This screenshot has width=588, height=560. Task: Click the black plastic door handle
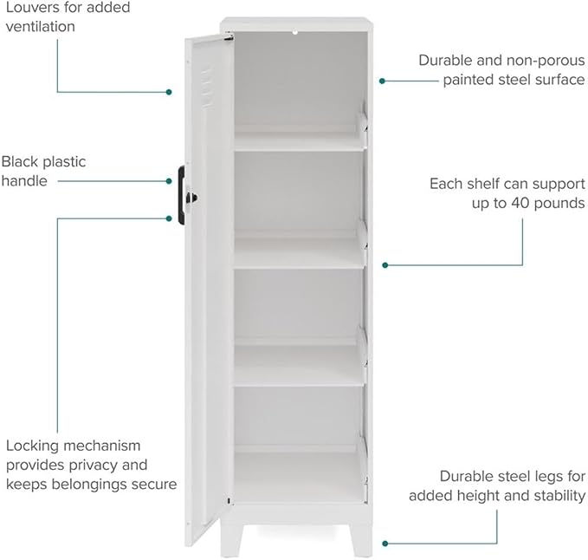tap(181, 195)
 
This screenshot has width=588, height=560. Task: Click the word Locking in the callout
tap(32, 446)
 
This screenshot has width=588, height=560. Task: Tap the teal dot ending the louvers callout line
tap(169, 92)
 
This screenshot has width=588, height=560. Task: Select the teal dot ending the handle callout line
tap(169, 181)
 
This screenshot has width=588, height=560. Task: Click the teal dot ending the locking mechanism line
tap(169, 218)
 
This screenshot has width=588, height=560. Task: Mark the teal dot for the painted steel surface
tap(382, 81)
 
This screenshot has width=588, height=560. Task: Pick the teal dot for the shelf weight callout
tap(385, 265)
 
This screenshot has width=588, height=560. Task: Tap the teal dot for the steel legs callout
tap(385, 544)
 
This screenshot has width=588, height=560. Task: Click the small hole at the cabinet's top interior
tap(295, 33)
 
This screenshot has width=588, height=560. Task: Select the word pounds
tap(559, 204)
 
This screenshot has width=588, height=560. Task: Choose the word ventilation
tap(41, 27)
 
